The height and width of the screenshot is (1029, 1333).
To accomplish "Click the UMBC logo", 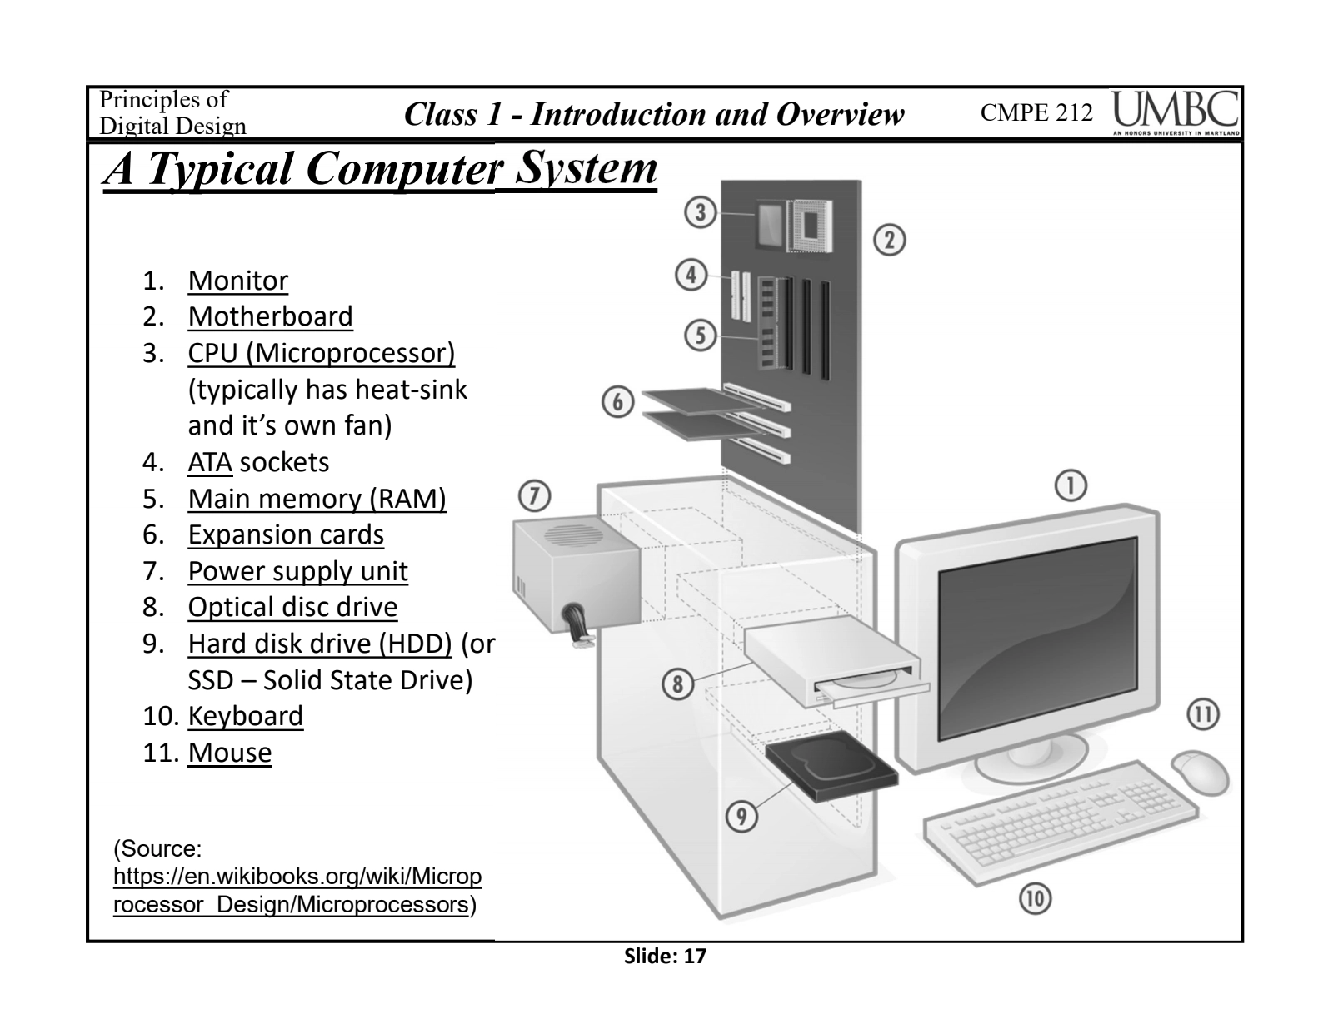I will pyautogui.click(x=1175, y=113).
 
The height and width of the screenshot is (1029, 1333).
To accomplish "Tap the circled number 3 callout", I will pyautogui.click(x=701, y=213).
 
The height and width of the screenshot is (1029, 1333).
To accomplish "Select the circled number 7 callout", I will pyautogui.click(x=534, y=497).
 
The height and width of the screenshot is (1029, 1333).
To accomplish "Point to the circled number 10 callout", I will pyautogui.click(x=1034, y=898).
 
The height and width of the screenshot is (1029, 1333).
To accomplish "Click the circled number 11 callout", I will pyautogui.click(x=1202, y=714).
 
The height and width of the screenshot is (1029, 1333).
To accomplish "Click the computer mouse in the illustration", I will pyautogui.click(x=1200, y=772).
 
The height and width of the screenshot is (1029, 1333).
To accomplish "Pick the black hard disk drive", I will pyautogui.click(x=830, y=769).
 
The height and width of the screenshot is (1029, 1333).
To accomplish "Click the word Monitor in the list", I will pyautogui.click(x=237, y=281).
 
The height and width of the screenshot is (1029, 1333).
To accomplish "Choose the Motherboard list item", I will pyautogui.click(x=270, y=316).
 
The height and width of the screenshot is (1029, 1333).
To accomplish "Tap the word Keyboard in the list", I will pyautogui.click(x=245, y=716).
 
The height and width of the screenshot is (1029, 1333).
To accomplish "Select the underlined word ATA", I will pyautogui.click(x=209, y=462).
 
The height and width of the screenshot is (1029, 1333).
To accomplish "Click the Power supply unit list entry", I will pyautogui.click(x=297, y=571).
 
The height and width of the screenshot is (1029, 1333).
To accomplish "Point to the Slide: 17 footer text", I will pyautogui.click(x=665, y=957).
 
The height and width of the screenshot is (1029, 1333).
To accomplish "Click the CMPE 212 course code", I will pyautogui.click(x=1036, y=113).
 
